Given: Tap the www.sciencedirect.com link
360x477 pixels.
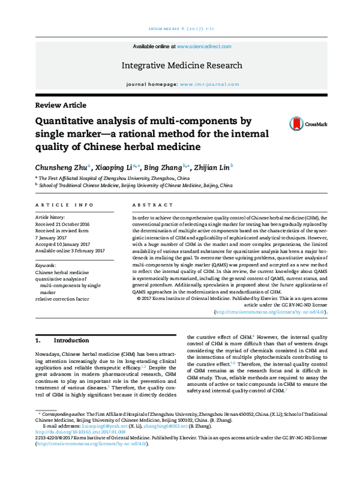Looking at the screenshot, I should [202, 46].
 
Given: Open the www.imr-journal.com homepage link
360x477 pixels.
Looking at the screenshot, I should [206, 85].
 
